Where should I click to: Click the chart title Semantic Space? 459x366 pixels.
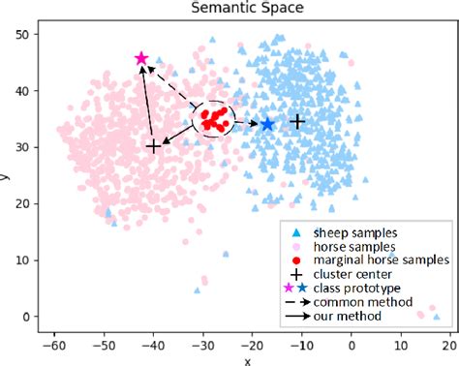point(247,9)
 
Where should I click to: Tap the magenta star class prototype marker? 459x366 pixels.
point(141,59)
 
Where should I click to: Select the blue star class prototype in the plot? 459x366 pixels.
point(267,124)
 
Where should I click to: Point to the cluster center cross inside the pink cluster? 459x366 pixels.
point(153,146)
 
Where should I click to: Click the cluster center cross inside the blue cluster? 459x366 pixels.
point(298,121)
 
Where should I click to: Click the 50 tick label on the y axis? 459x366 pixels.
point(33,34)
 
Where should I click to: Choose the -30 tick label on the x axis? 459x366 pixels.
point(202,345)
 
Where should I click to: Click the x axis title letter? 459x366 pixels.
point(247,360)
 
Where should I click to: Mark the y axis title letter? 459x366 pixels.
point(9,176)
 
